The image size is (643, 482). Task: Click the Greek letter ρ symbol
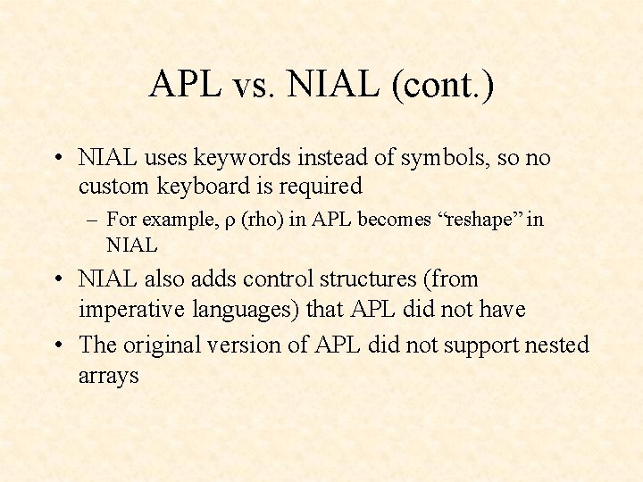click(230, 221)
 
